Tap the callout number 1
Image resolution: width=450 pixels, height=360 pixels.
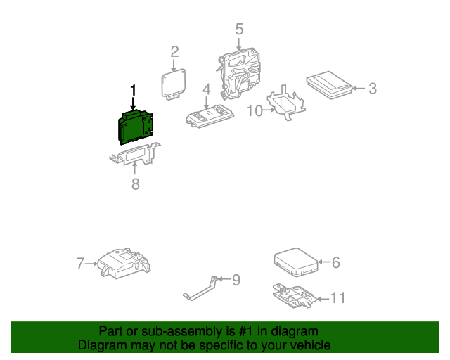pyautogui.click(x=132, y=91)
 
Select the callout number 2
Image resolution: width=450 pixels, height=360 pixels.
pyautogui.click(x=174, y=51)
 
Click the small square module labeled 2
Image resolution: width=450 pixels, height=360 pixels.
pyautogui.click(x=174, y=82)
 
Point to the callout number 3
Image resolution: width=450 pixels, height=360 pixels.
pyautogui.click(x=373, y=89)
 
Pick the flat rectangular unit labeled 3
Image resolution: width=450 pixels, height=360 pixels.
pyautogui.click(x=329, y=86)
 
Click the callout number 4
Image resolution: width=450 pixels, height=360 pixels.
pyautogui.click(x=206, y=89)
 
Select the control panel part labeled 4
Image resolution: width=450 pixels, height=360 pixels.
pyautogui.click(x=208, y=116)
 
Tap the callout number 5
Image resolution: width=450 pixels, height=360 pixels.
pyautogui.click(x=239, y=29)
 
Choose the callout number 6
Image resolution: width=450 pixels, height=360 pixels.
pyautogui.click(x=335, y=262)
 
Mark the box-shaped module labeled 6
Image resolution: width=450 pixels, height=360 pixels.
pyautogui.click(x=295, y=260)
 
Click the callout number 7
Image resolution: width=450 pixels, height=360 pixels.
pyautogui.click(x=80, y=264)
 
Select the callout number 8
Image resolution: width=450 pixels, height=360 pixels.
pyautogui.click(x=136, y=184)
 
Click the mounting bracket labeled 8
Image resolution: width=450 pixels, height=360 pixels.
pyautogui.click(x=135, y=155)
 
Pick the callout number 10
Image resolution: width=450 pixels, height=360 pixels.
pyautogui.click(x=254, y=110)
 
